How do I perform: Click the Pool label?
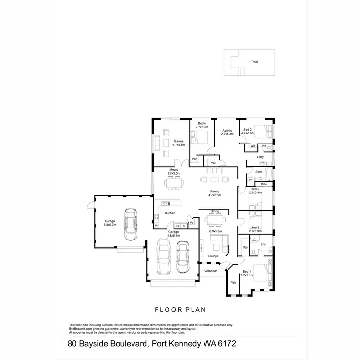pos(254,62)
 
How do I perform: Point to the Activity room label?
pos(227,131)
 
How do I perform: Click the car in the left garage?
pos(129,224)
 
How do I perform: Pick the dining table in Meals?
pos(174,182)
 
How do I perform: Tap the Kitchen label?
pos(170,213)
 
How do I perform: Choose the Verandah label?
pos(211,271)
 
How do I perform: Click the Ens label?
pos(263,244)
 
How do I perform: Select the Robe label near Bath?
pos(264,184)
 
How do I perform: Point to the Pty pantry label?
pos(192,222)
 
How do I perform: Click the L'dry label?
pos(260,157)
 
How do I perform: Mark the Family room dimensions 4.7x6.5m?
pos(214,195)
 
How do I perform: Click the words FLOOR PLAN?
pos(180,310)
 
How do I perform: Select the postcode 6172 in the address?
pos(225,344)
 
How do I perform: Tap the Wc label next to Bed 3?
pos(264,146)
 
